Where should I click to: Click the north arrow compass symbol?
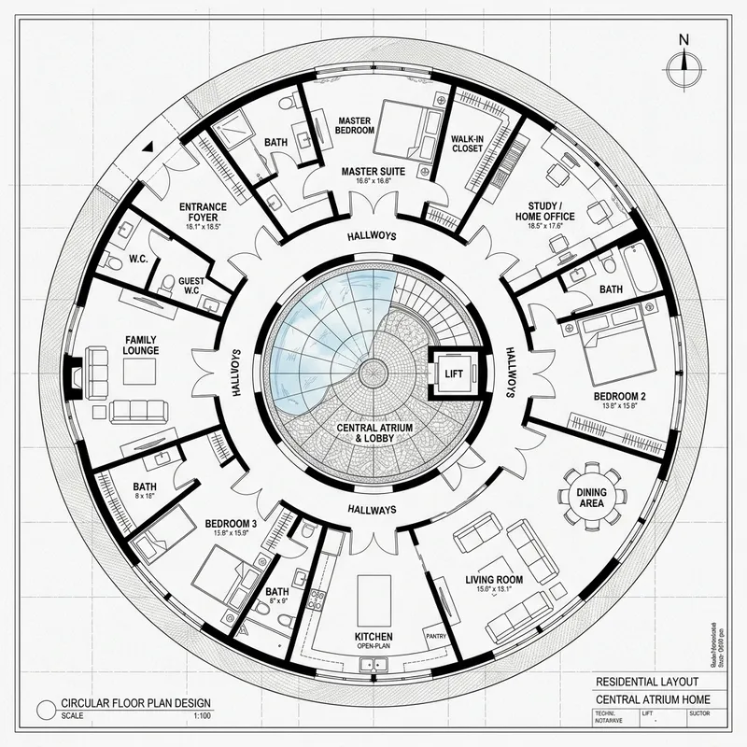click(684, 63)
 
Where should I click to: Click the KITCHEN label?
click(373, 638)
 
